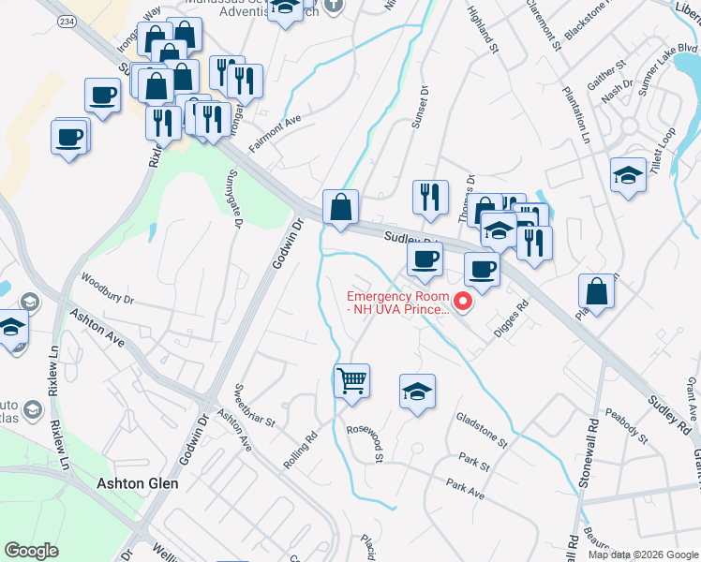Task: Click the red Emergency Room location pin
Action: pyautogui.click(x=462, y=301)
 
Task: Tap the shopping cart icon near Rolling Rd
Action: pyautogui.click(x=351, y=380)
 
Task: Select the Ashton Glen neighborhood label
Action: pyautogui.click(x=138, y=483)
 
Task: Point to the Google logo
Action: pyautogui.click(x=32, y=550)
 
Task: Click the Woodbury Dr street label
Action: pyautogui.click(x=108, y=288)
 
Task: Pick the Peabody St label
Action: pyautogui.click(x=625, y=424)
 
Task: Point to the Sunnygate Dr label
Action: pyautogui.click(x=235, y=199)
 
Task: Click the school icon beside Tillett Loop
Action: pyautogui.click(x=628, y=174)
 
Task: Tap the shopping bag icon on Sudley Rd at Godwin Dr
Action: pyautogui.click(x=340, y=207)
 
